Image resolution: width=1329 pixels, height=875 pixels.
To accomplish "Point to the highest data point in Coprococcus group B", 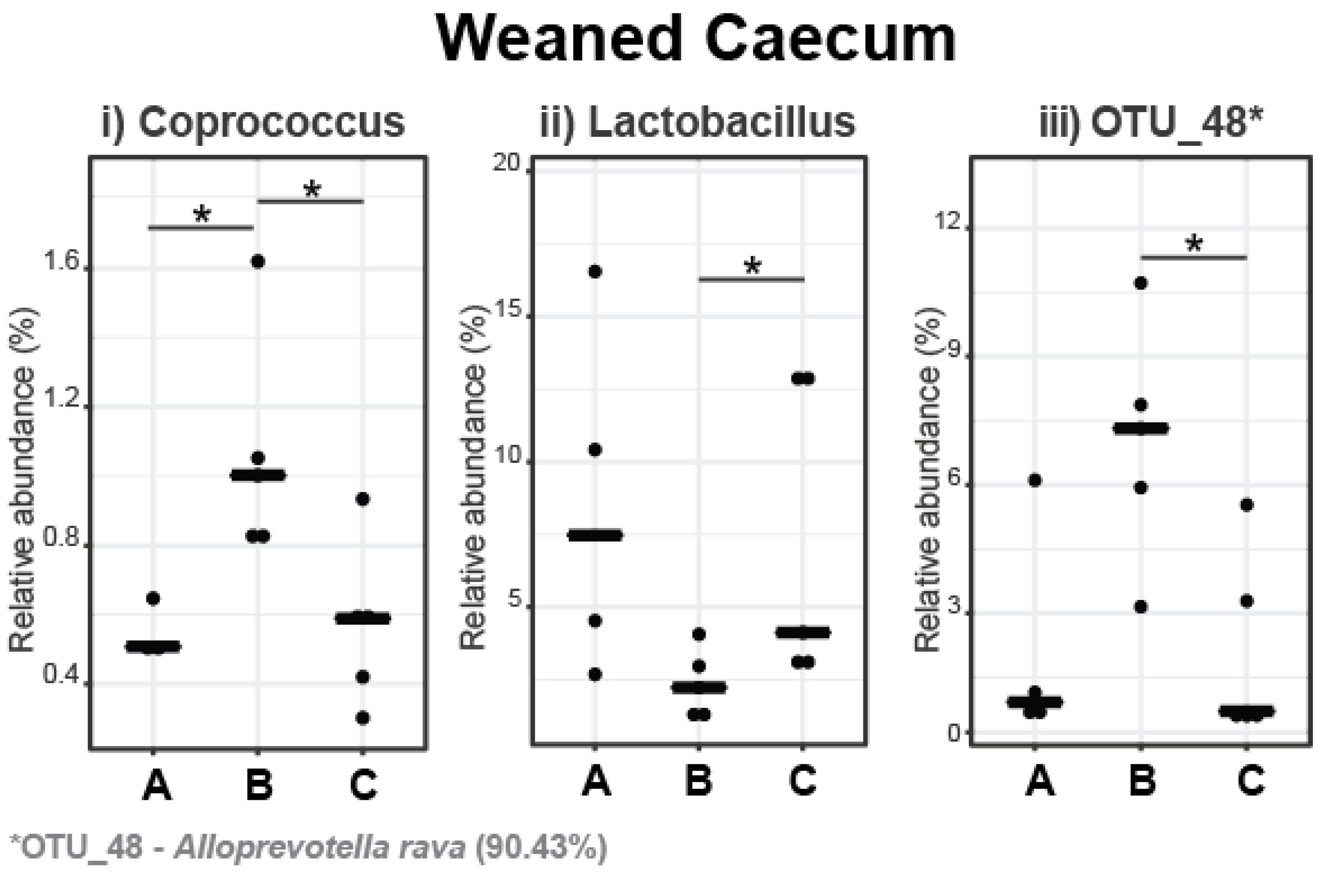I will (257, 261).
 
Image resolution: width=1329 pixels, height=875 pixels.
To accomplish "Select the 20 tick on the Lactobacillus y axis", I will (507, 164).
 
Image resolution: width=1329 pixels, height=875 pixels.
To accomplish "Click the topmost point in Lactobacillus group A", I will (595, 272).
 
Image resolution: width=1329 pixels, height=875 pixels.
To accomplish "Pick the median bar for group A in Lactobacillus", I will (595, 535).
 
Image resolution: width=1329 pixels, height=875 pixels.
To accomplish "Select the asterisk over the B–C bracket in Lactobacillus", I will (752, 266).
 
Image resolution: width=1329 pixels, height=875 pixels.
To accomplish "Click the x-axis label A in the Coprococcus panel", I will (157, 785).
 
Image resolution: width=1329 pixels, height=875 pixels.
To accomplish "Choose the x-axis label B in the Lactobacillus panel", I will (699, 781).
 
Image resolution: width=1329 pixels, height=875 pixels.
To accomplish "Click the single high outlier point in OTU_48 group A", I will (1035, 481).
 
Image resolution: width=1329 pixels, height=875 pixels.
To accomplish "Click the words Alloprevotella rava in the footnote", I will (319, 848).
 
